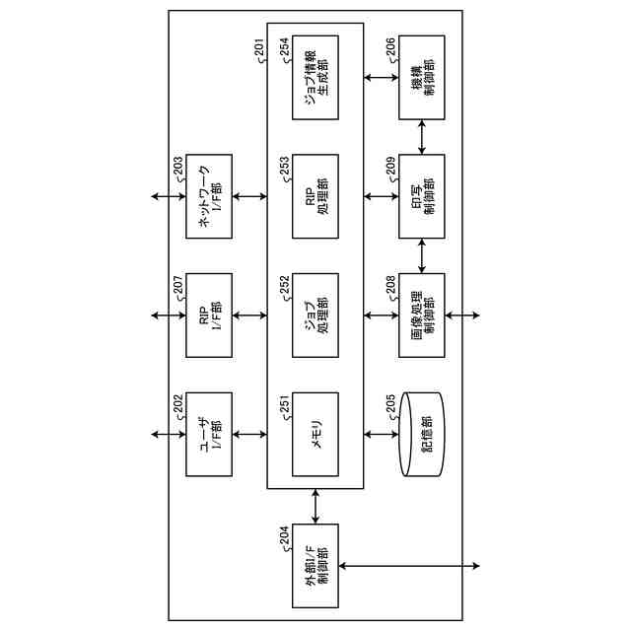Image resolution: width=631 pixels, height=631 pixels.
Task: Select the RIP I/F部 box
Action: (210, 315)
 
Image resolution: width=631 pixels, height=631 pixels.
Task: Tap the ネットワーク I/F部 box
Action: (210, 196)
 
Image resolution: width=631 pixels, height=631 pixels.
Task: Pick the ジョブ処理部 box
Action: (315, 315)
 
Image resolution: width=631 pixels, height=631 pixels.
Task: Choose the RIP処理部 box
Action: (315, 196)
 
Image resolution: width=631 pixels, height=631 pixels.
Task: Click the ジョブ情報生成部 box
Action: (315, 78)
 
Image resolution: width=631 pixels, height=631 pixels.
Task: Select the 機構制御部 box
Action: (422, 78)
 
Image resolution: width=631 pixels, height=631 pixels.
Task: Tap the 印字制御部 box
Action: (422, 196)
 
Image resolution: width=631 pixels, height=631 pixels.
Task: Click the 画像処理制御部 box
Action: (422, 315)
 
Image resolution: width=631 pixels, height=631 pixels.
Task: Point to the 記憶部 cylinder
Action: (422, 434)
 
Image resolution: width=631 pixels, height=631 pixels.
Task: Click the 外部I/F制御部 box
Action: (315, 566)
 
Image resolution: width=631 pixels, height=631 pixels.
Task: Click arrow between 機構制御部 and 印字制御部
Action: (422, 137)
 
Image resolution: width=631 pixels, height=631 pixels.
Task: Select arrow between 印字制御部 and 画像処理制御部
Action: (422, 255)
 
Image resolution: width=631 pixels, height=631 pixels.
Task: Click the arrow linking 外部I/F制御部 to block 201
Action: (315, 506)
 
